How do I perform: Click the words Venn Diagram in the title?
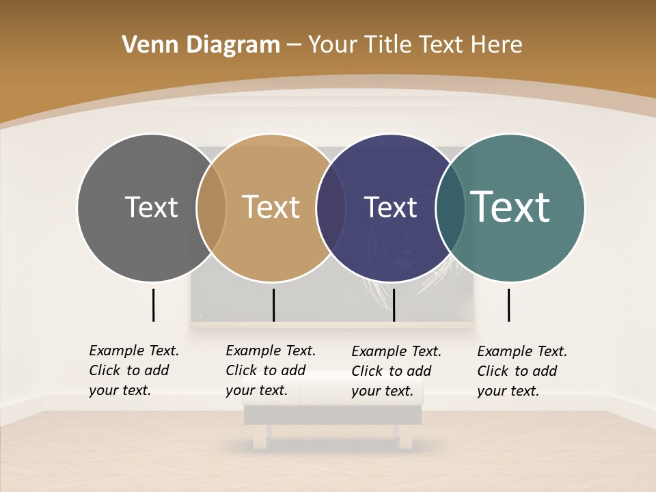(201, 45)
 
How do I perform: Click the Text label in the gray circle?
(151, 207)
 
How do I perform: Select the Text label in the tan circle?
(271, 207)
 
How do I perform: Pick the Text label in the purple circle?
(390, 207)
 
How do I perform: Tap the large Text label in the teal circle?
(510, 207)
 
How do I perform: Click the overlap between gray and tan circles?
(211, 208)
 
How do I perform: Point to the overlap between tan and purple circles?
(331, 208)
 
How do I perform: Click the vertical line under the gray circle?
(154, 305)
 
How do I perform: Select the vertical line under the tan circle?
(273, 305)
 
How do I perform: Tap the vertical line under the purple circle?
(394, 305)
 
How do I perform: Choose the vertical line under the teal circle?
(509, 305)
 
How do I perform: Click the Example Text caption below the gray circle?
(133, 370)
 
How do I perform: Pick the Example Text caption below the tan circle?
(270, 370)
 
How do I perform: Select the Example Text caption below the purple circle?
(396, 371)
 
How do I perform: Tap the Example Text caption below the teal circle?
(521, 371)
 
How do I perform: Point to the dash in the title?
(294, 46)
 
